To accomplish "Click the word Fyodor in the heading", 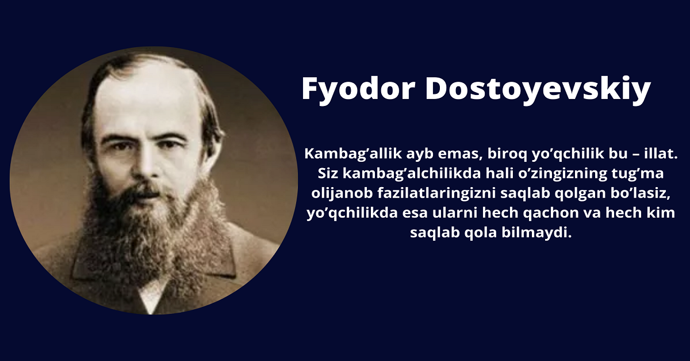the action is click(x=359, y=89).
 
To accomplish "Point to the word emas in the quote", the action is click(x=460, y=154).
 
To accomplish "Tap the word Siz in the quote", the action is click(x=328, y=173).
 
